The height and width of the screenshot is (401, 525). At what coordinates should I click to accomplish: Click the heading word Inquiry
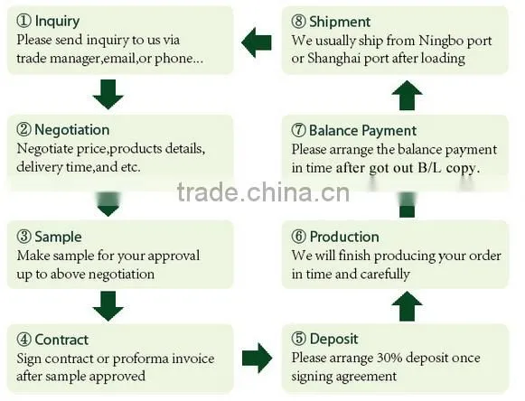57,22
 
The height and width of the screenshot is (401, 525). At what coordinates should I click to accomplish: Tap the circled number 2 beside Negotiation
23,129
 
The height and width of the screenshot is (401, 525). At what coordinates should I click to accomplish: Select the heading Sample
58,237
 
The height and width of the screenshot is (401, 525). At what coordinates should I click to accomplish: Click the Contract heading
61,340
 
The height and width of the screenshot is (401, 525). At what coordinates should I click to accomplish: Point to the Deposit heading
333,339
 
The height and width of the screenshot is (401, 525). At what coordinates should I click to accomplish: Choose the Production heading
344,237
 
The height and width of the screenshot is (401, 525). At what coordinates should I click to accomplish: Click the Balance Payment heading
362,131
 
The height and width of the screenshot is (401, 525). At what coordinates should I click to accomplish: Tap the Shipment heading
340,22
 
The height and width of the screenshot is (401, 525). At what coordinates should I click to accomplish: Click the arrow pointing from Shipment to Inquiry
257,42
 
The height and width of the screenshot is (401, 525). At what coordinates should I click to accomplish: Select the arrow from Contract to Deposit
258,359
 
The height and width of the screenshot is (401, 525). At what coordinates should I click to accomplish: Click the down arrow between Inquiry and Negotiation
108,95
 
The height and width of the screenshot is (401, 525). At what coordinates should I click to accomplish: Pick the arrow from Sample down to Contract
108,306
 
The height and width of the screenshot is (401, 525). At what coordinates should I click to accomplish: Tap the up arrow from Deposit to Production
407,306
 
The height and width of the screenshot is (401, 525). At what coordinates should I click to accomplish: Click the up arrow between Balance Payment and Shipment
407,96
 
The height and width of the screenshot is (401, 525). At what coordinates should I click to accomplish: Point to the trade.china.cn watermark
263,192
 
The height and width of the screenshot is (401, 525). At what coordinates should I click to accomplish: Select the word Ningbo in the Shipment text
440,41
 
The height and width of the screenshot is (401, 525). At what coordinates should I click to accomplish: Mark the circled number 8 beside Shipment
299,22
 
